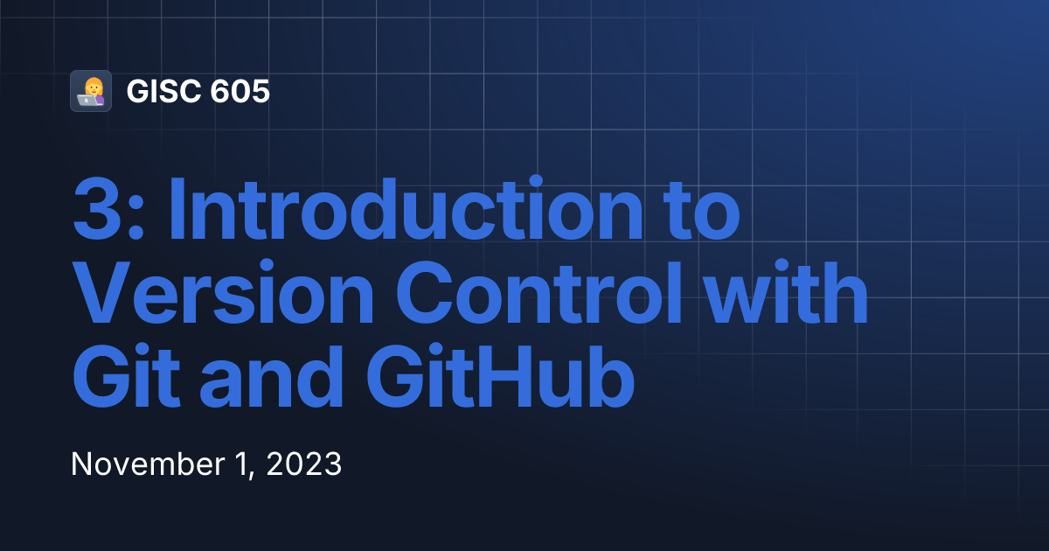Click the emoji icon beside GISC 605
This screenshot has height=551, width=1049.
click(x=91, y=91)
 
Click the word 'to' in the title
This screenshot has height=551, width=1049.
click(x=705, y=211)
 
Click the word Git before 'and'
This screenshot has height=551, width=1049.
click(x=122, y=380)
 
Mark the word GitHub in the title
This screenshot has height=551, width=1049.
click(x=499, y=380)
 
